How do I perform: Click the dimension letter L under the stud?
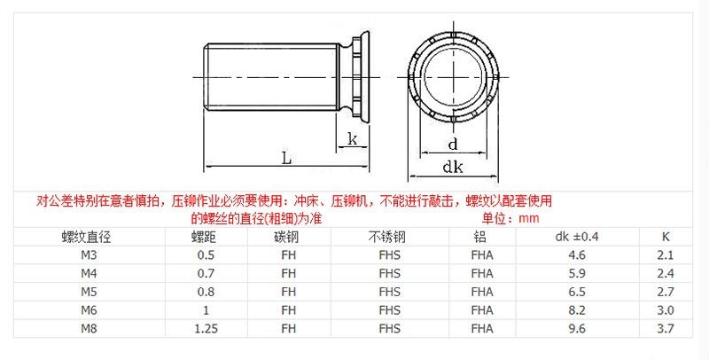(x=285, y=157)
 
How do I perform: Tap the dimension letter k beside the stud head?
(x=353, y=138)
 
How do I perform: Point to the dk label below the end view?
(x=454, y=167)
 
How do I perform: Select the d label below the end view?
(x=452, y=144)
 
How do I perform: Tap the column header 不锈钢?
(x=387, y=237)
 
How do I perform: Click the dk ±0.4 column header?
(x=577, y=237)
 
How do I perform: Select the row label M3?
(x=88, y=255)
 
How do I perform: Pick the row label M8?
(x=88, y=329)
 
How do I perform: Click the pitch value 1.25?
(x=205, y=329)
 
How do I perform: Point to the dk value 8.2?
(x=577, y=310)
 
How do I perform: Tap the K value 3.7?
(x=666, y=329)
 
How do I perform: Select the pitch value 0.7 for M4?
(x=205, y=274)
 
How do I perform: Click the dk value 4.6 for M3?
(x=577, y=255)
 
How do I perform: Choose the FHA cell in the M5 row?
(x=482, y=292)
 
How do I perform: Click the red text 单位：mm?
(x=510, y=218)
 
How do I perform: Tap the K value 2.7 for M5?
(x=666, y=292)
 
